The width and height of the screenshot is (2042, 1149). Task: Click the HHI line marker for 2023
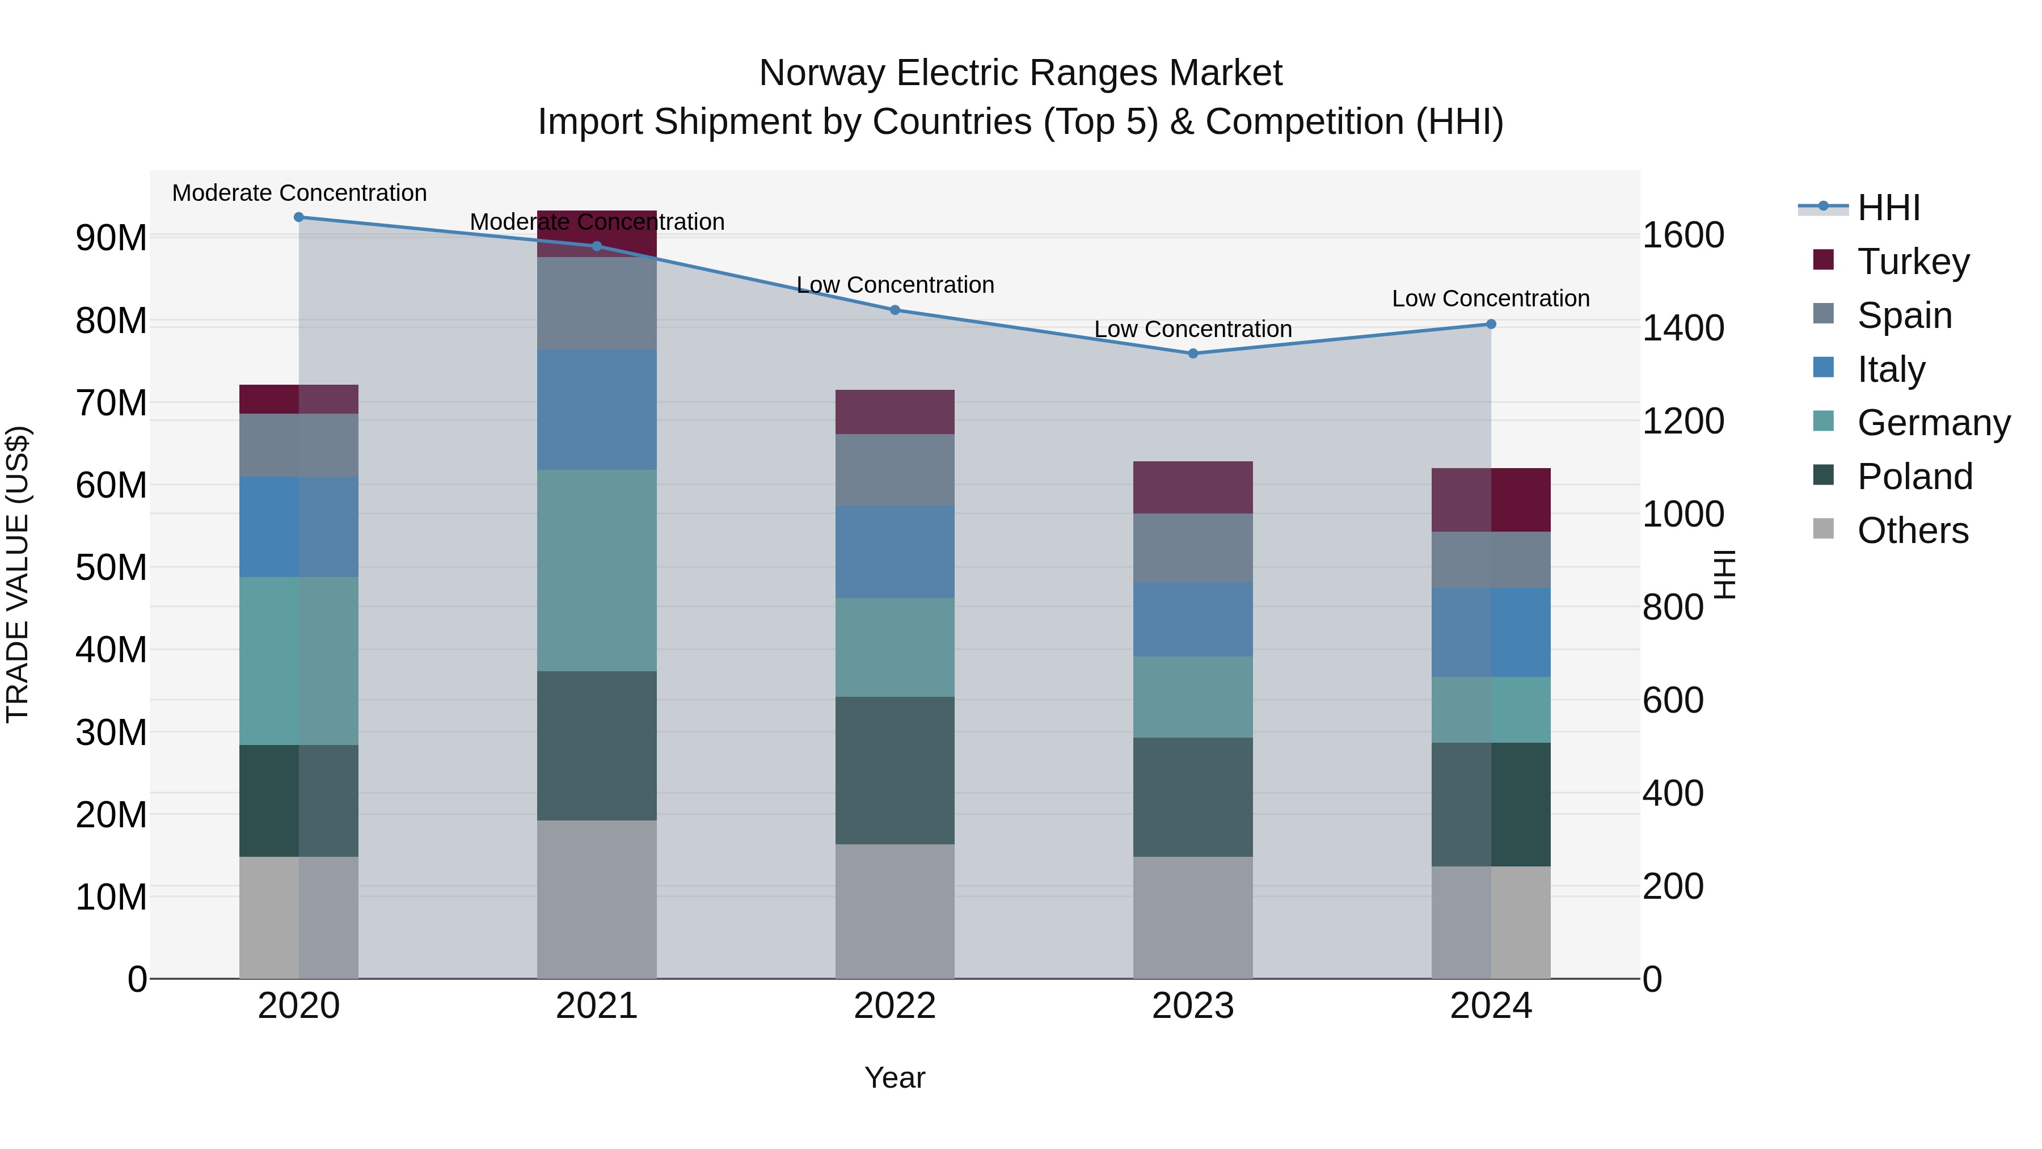click(x=1192, y=353)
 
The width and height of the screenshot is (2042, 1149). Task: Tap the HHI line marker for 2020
click(x=299, y=217)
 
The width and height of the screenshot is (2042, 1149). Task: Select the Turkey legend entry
click(x=1912, y=262)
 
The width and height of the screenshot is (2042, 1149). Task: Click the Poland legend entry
click(x=1914, y=477)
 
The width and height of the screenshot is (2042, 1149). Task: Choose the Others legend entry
click(x=1912, y=531)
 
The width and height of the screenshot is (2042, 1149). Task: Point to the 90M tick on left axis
click(x=111, y=238)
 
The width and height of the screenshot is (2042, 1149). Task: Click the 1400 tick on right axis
click(x=1682, y=329)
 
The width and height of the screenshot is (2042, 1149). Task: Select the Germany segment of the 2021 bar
click(x=597, y=570)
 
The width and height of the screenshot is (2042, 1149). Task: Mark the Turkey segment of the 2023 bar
click(x=1192, y=487)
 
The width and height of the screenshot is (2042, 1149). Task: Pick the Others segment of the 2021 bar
click(x=597, y=899)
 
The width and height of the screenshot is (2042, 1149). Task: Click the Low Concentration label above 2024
click(x=1490, y=299)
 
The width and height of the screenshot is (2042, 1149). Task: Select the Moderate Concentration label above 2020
click(x=299, y=193)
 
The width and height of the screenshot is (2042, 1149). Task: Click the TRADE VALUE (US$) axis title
click(x=18, y=574)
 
